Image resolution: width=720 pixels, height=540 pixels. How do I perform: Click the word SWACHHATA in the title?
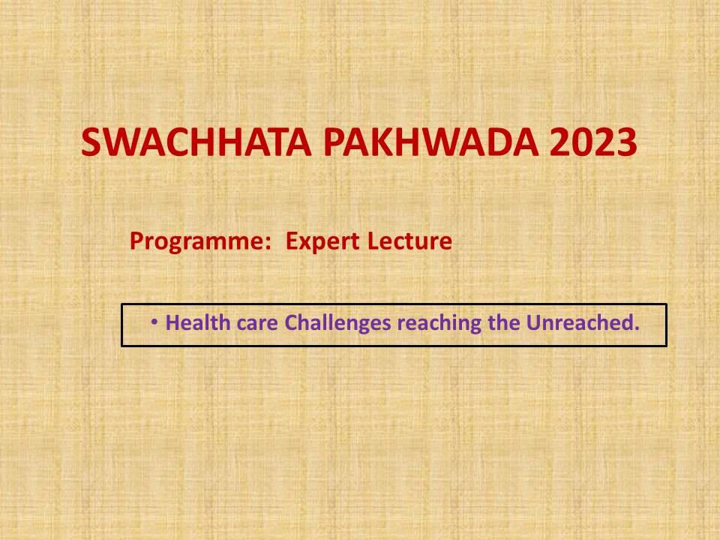(x=196, y=142)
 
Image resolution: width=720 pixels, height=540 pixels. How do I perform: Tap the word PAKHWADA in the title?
(x=431, y=142)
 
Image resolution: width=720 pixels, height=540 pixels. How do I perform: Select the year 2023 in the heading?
(x=593, y=142)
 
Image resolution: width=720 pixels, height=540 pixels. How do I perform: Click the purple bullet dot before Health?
(x=154, y=322)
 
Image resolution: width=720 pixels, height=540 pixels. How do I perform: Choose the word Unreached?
(x=580, y=322)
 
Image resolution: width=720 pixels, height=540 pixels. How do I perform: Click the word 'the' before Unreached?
(x=504, y=322)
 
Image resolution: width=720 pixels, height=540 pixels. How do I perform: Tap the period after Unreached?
(x=636, y=328)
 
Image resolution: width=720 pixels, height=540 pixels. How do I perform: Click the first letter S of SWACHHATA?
(x=91, y=142)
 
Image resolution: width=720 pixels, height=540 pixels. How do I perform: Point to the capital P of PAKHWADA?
(x=334, y=142)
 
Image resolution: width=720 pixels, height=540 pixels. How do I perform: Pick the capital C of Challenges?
(x=292, y=322)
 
